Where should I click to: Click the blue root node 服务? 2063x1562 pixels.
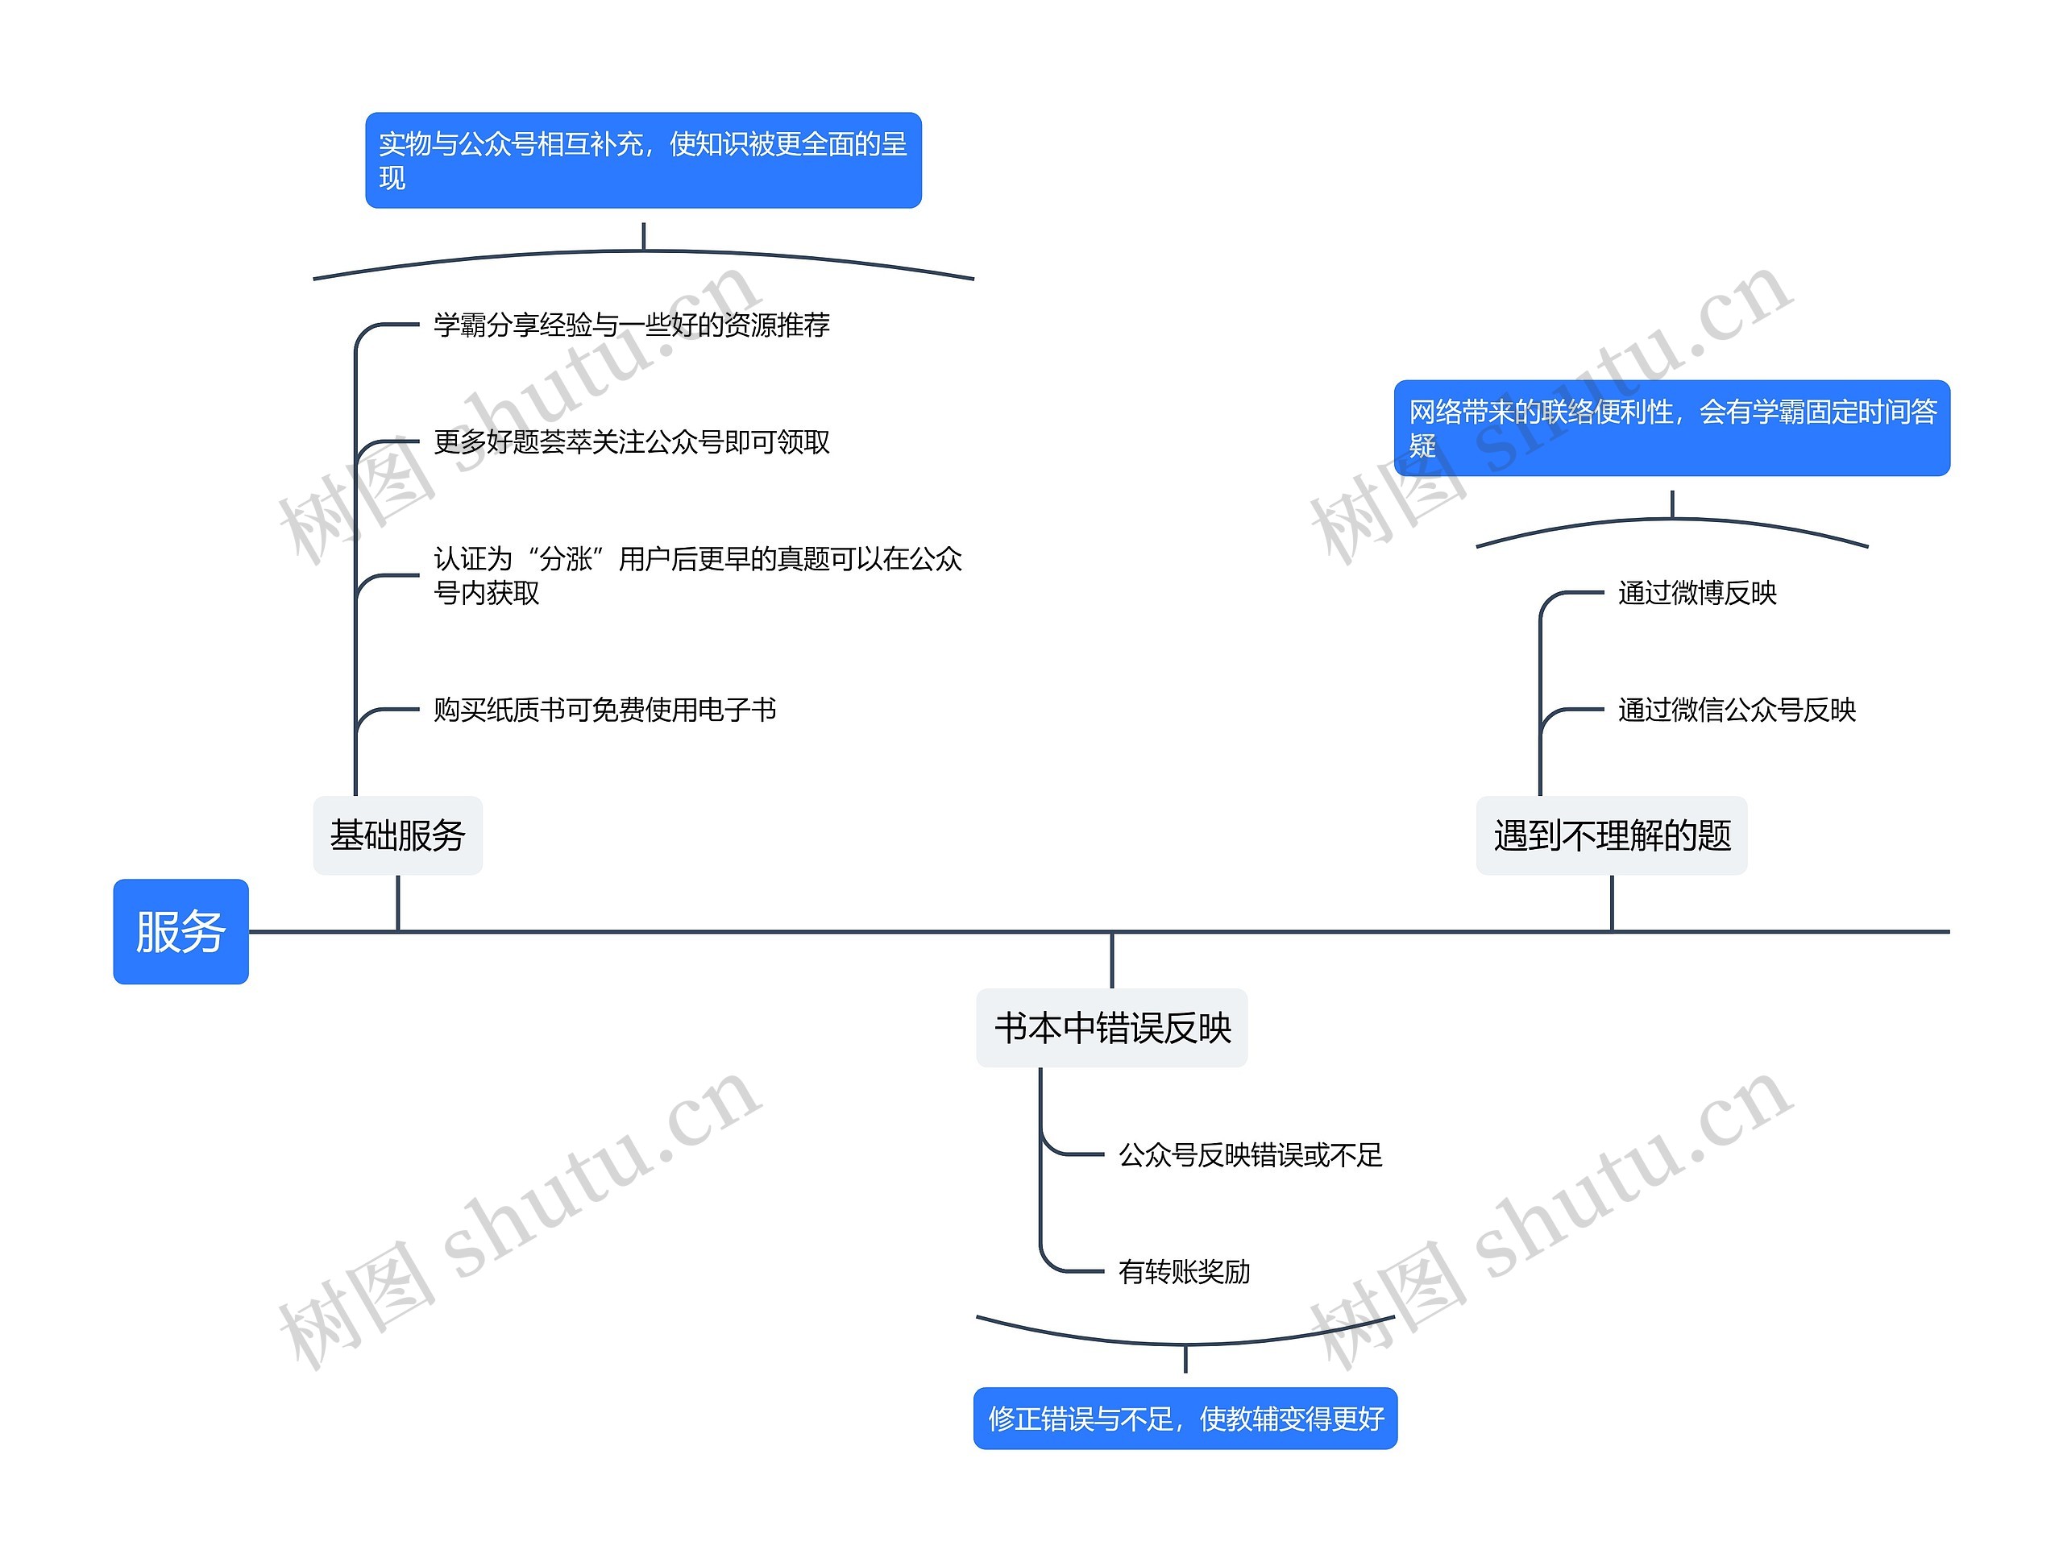click(x=181, y=930)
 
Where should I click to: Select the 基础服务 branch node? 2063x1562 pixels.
click(x=397, y=835)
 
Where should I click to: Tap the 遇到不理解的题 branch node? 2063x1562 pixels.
click(x=1611, y=835)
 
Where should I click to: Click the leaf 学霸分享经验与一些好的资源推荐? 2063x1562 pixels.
click(x=632, y=325)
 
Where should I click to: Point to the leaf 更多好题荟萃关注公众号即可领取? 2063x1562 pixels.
click(x=632, y=441)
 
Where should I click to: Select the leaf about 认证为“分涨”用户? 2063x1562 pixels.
click(x=697, y=575)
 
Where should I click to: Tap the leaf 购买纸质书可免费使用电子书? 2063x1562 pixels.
click(x=604, y=710)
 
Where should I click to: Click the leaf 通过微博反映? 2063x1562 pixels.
click(x=1696, y=592)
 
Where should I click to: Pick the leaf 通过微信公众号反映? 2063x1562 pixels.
click(x=1736, y=710)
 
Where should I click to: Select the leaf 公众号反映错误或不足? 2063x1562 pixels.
click(x=1250, y=1154)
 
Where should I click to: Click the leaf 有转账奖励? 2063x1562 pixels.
click(x=1184, y=1271)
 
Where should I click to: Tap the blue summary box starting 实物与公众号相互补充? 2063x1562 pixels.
click(x=642, y=160)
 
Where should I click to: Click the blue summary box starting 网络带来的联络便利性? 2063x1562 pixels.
click(x=1671, y=428)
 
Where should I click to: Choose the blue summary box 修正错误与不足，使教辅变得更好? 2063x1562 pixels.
click(x=1185, y=1419)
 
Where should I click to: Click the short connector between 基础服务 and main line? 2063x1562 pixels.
click(x=398, y=903)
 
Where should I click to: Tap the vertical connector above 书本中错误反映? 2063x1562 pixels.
click(x=1112, y=960)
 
